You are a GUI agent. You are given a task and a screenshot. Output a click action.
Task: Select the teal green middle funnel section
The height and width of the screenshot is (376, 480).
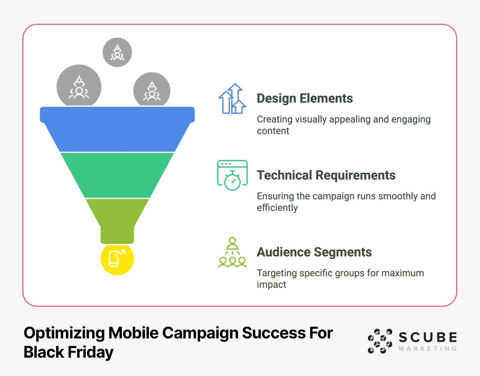tap(117, 175)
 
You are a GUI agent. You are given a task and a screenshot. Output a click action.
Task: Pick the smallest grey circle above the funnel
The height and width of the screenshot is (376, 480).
tap(117, 52)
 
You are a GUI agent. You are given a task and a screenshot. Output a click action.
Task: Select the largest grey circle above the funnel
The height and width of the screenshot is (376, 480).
tap(79, 87)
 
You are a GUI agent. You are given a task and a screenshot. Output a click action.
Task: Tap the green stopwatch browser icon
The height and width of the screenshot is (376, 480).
tap(232, 175)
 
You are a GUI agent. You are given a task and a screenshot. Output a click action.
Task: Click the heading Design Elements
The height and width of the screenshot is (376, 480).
tap(304, 99)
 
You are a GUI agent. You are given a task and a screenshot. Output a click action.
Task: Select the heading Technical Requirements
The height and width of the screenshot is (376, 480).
tap(326, 175)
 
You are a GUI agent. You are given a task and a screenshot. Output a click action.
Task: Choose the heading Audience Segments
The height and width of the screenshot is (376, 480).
tap(314, 252)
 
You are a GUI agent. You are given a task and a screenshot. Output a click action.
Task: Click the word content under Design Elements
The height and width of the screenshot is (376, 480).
tap(273, 131)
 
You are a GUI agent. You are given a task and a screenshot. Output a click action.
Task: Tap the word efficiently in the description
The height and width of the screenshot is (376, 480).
tap(277, 208)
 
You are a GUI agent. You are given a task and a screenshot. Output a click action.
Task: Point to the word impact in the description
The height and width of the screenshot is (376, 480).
tap(271, 285)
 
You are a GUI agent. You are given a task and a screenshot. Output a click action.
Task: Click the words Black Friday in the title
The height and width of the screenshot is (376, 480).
tap(68, 352)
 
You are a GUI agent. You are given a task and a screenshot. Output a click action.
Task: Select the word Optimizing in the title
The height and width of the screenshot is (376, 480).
tap(64, 333)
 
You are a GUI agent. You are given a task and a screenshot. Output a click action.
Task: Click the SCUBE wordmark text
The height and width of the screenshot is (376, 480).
tap(428, 338)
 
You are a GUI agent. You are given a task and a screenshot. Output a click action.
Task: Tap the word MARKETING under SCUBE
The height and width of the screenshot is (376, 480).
tap(428, 349)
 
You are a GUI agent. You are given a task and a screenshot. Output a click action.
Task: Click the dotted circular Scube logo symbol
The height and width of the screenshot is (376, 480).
tap(380, 341)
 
